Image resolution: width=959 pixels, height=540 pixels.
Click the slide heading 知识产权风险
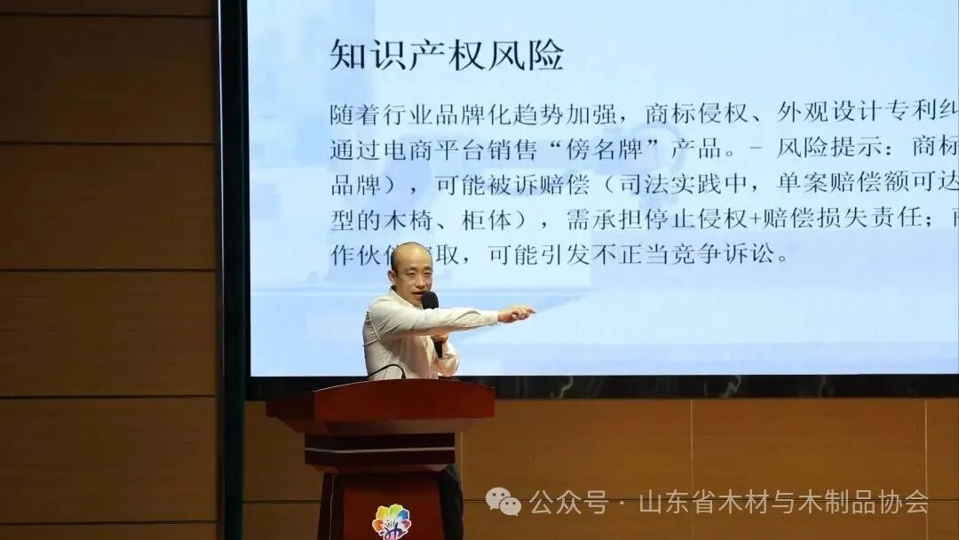(x=447, y=54)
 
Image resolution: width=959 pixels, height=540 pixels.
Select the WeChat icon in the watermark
(x=503, y=502)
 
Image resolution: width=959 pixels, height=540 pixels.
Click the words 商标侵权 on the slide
(x=694, y=113)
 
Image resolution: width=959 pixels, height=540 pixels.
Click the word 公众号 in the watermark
(x=568, y=502)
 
